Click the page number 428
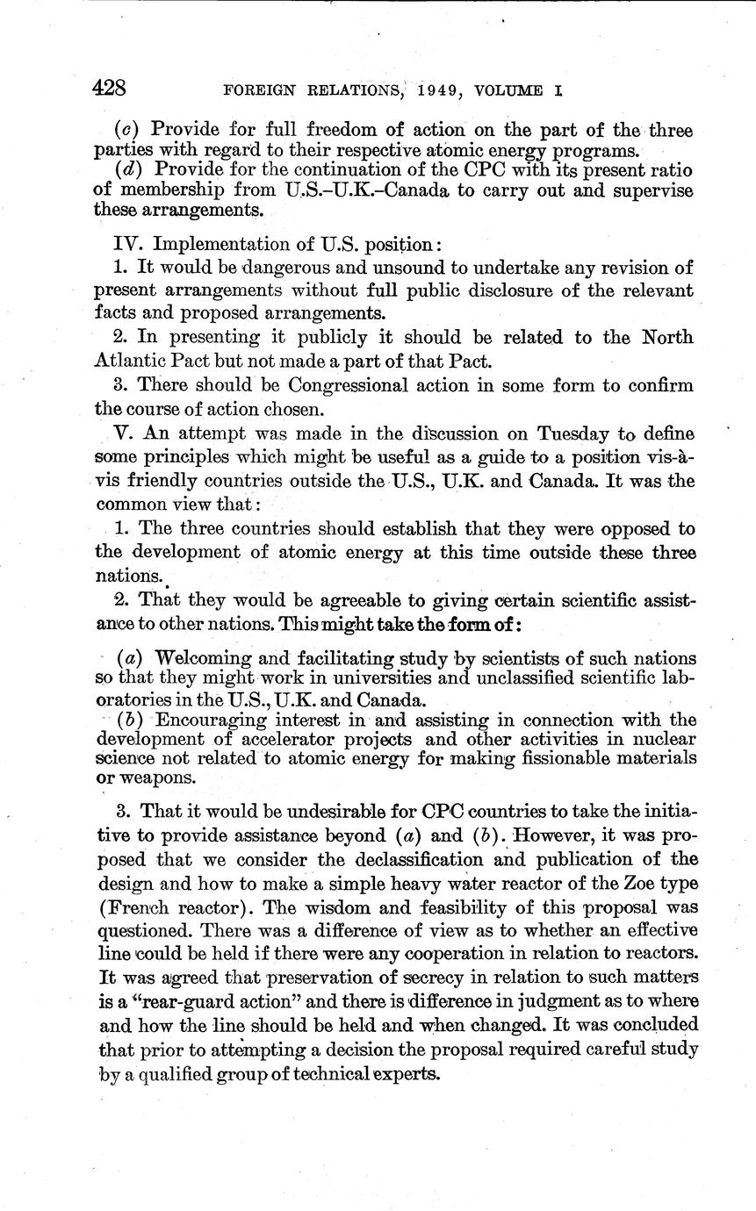coord(111,89)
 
